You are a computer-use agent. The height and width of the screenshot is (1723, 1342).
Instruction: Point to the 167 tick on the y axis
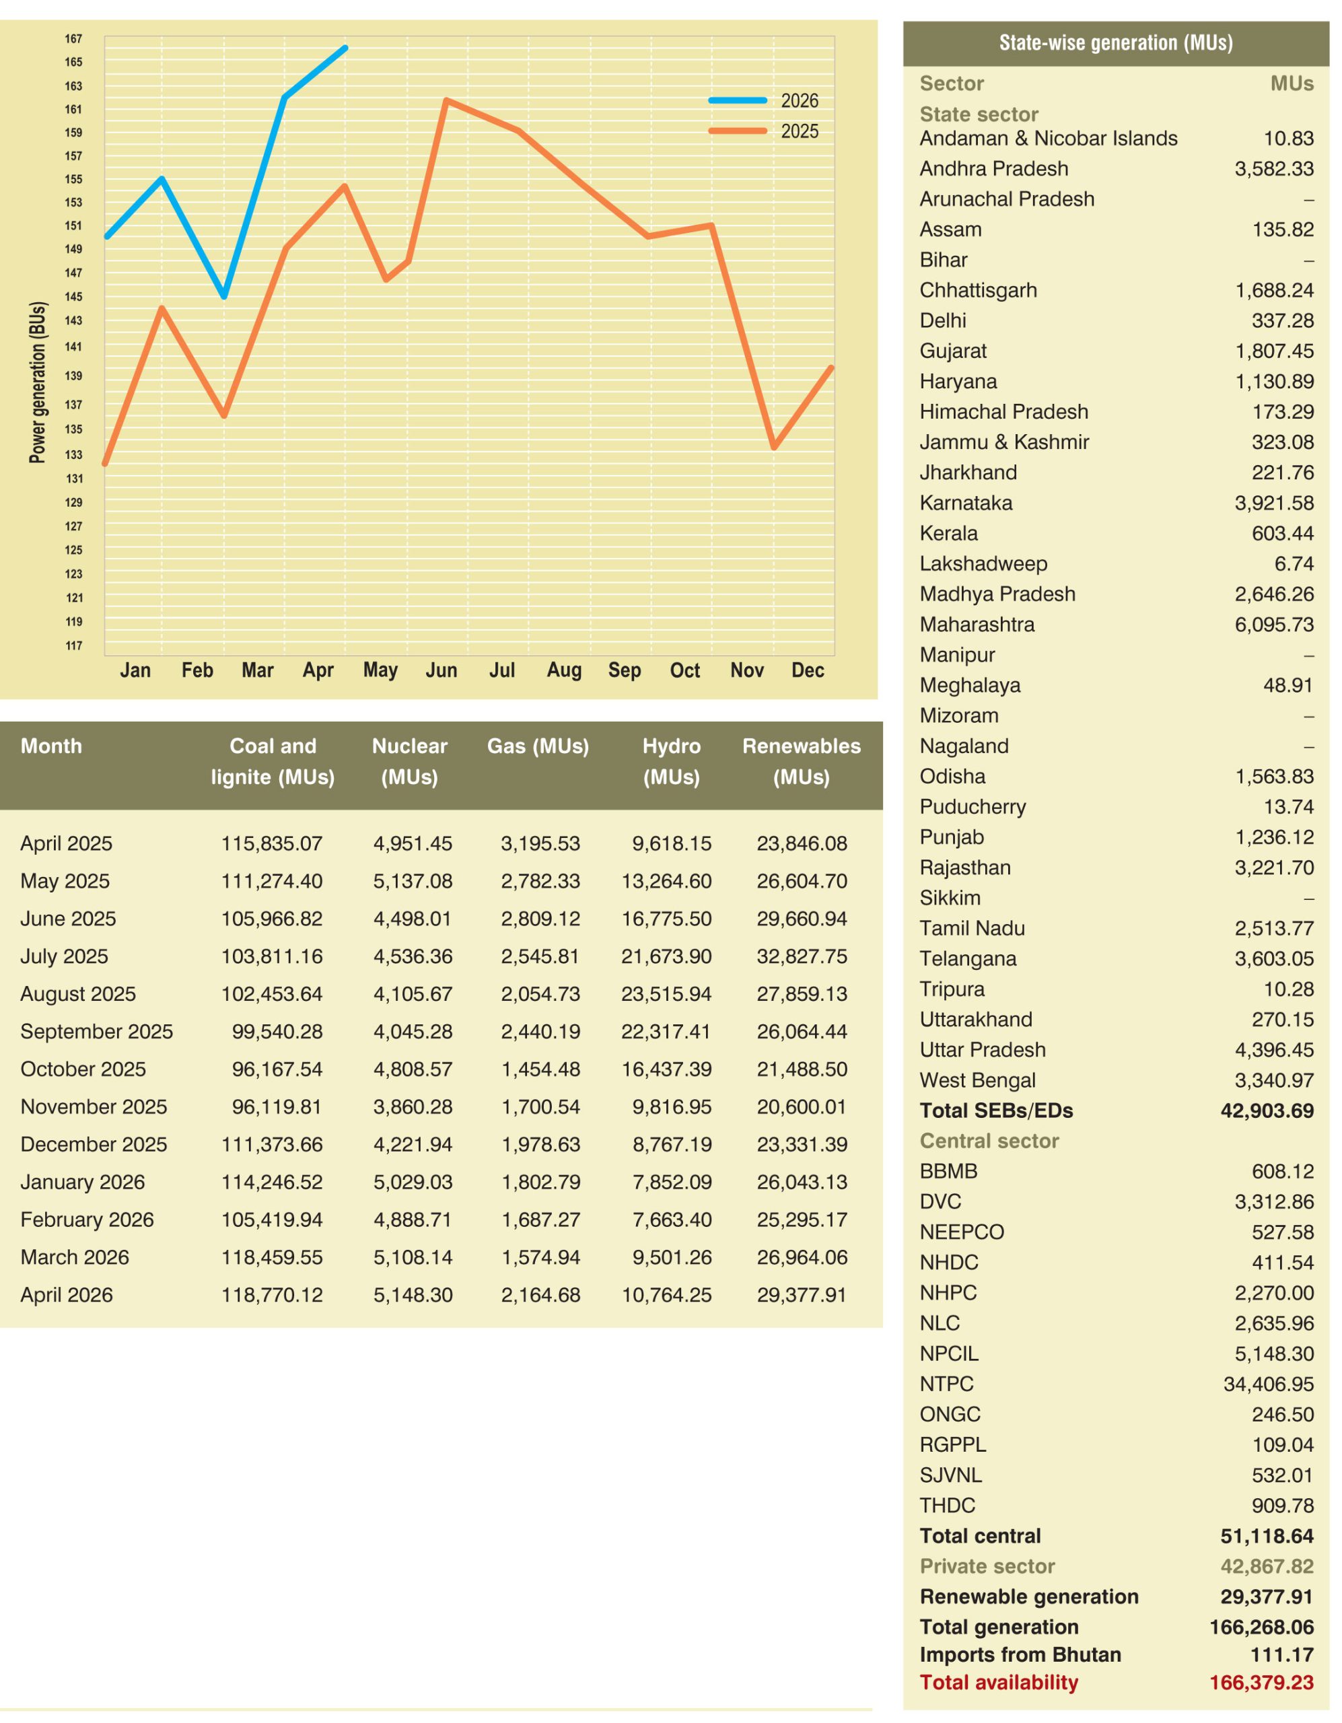(73, 38)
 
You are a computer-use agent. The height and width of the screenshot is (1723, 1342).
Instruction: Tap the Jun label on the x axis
(441, 670)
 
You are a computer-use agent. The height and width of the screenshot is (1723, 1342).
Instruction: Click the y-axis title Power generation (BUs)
(37, 382)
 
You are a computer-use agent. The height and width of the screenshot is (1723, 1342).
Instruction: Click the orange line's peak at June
(446, 100)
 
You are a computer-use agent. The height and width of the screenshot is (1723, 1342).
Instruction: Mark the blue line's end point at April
(345, 48)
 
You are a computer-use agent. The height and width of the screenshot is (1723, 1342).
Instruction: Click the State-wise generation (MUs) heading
(1116, 42)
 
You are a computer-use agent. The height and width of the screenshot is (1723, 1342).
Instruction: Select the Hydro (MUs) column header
(672, 761)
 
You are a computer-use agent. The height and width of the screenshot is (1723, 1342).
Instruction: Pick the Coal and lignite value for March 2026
(271, 1257)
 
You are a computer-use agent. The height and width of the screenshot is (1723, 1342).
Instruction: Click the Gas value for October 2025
(540, 1069)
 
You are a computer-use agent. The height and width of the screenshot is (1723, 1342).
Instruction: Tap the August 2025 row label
(78, 994)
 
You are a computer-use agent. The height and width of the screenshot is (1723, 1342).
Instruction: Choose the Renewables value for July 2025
(802, 957)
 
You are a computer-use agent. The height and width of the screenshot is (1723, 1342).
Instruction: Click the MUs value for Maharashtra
(1274, 625)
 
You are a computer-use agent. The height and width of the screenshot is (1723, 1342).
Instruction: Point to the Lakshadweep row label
(983, 564)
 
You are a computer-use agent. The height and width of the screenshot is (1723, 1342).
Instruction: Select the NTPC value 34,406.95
(1269, 1384)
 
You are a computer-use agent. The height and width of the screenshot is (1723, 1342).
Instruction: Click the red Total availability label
(999, 1683)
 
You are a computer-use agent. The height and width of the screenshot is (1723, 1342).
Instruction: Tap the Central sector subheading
(989, 1141)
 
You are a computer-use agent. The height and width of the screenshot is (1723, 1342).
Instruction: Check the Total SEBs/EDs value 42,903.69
(1267, 1111)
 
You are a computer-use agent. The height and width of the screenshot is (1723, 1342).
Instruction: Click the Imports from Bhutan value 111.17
(1282, 1655)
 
